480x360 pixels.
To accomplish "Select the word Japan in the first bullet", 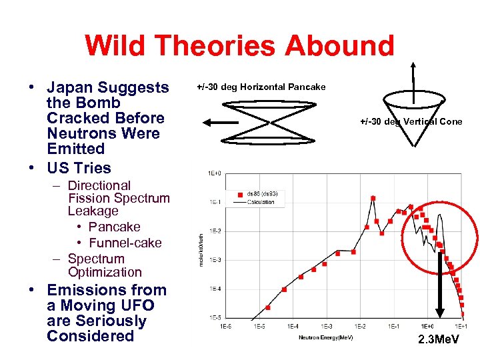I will (71, 88).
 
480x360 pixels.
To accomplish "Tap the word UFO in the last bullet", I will (138, 305).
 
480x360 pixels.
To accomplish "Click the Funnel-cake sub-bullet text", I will (125, 243).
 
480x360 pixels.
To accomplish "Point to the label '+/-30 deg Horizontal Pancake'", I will (261, 87).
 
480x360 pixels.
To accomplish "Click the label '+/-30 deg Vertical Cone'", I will (411, 121).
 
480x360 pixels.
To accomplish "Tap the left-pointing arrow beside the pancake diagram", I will (220, 123).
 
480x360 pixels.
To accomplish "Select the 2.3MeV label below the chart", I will (439, 341).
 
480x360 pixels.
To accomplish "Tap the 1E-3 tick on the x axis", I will (327, 326).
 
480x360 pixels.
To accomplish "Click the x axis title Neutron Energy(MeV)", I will (326, 337).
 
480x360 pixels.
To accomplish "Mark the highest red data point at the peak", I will (373, 198).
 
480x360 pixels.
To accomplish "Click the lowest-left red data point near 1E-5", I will (268, 307).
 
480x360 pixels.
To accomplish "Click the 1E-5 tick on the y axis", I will (215, 317).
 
